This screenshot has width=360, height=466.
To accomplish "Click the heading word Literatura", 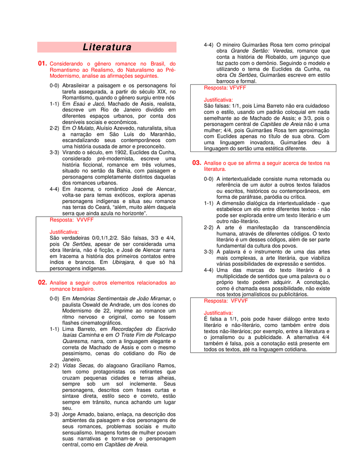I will point(107,47).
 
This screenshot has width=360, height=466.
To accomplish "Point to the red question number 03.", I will point(197,163).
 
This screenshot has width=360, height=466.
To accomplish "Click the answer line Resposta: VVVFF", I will point(71,220).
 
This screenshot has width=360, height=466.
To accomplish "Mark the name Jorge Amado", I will point(79,415).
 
